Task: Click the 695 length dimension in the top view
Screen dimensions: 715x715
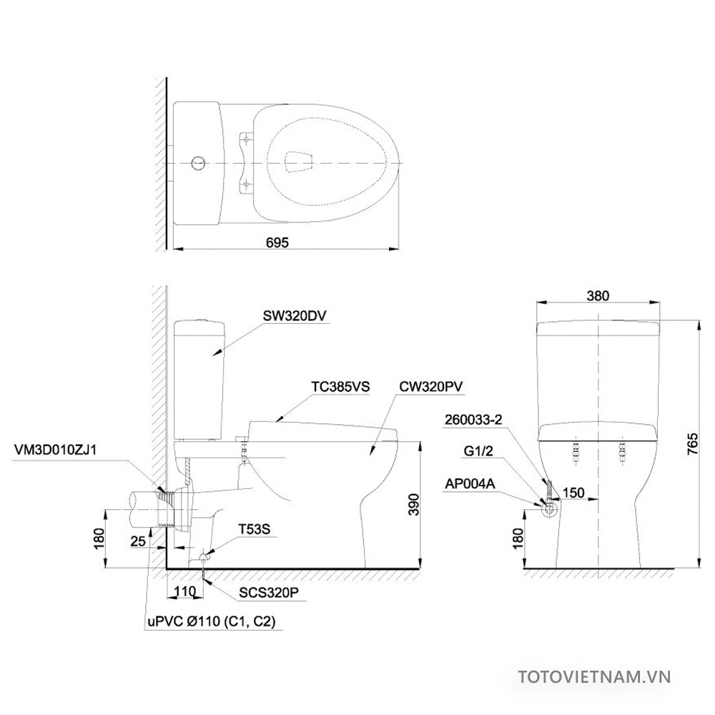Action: click(x=277, y=242)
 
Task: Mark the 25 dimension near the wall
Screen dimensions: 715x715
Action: click(x=139, y=541)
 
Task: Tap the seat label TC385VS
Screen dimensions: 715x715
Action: click(x=340, y=386)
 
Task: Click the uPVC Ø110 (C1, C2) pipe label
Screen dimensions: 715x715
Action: click(x=214, y=621)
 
